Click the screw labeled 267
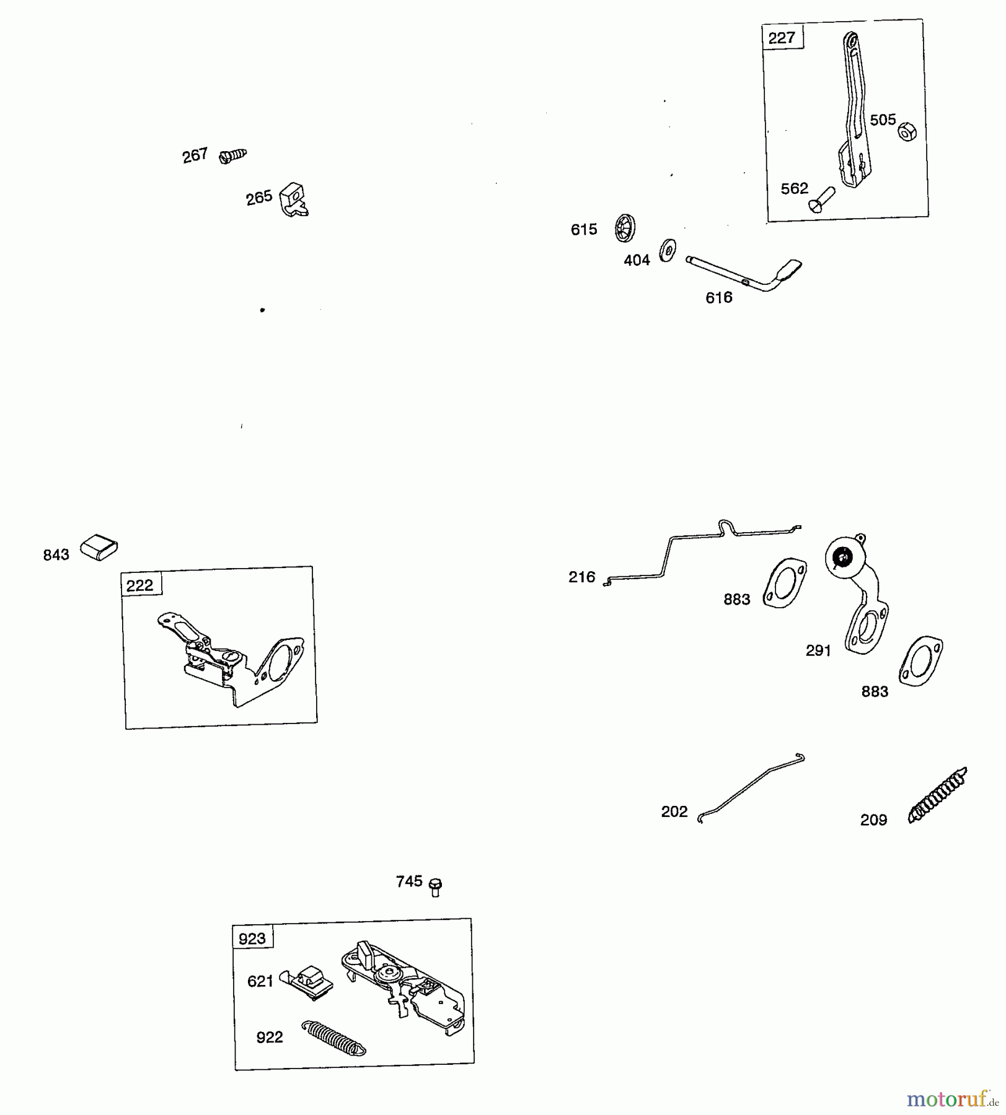pyautogui.click(x=233, y=155)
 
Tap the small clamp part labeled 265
pyautogui.click(x=293, y=199)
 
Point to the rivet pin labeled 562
pyautogui.click(x=821, y=200)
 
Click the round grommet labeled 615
pyautogui.click(x=625, y=228)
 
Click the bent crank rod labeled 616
pyautogui.click(x=744, y=273)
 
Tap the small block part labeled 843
pyautogui.click(x=99, y=547)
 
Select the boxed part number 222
pyautogui.click(x=140, y=585)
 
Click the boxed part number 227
pyautogui.click(x=782, y=38)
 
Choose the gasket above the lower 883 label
pyautogui.click(x=921, y=660)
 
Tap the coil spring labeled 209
pyautogui.click(x=937, y=795)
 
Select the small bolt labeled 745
pyautogui.click(x=435, y=887)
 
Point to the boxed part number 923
pyautogui.click(x=252, y=938)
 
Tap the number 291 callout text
pyautogui.click(x=818, y=650)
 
